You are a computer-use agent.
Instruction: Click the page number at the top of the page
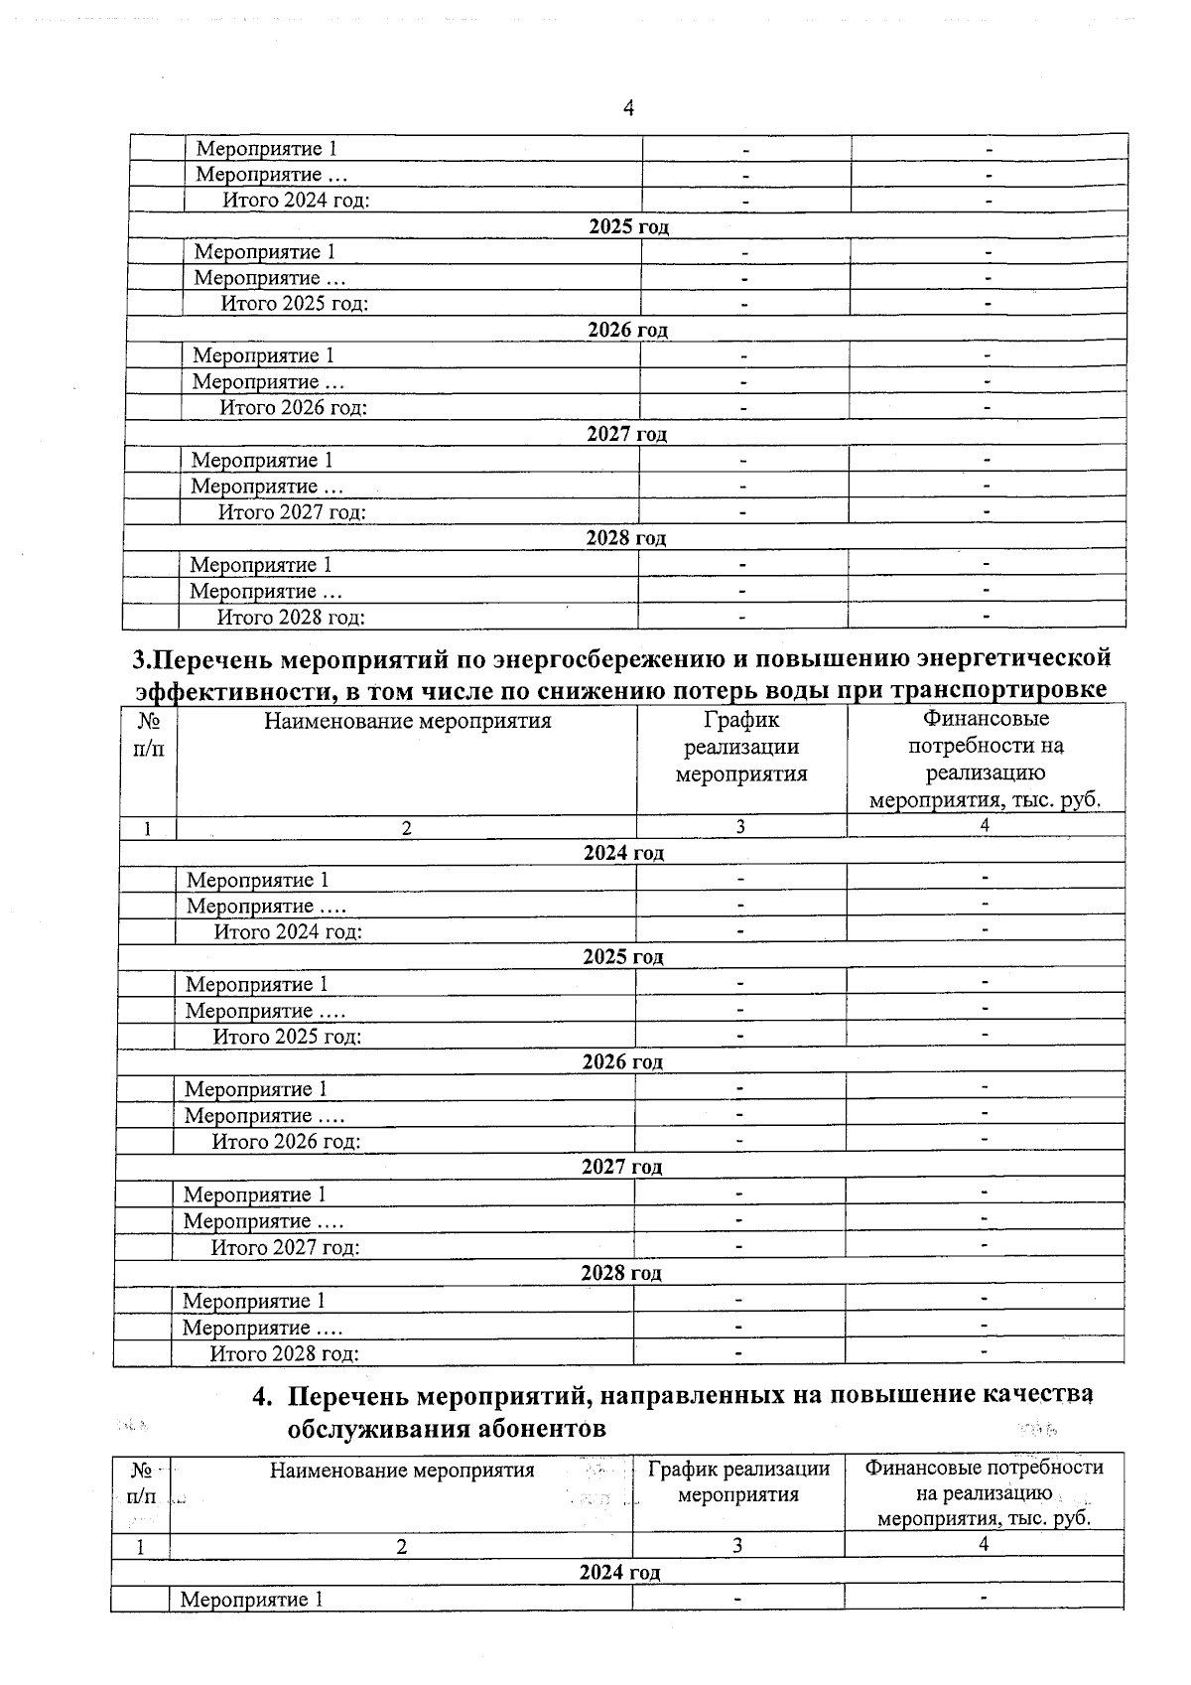coord(627,107)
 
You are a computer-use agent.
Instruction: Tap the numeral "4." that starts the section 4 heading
coord(262,1396)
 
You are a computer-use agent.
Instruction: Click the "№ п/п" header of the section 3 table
coord(147,735)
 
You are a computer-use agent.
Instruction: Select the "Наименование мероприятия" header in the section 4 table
coord(402,1470)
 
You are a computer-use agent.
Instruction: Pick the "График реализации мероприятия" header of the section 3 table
coord(741,747)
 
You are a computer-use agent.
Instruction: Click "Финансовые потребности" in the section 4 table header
coord(984,1468)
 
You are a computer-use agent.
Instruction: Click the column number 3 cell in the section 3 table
coord(740,826)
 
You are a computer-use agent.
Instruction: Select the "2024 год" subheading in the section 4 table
coord(619,1573)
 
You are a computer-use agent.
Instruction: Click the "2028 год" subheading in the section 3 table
coord(621,1273)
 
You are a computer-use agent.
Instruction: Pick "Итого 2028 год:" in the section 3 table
coord(284,1353)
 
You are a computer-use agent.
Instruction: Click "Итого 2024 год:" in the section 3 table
coord(288,931)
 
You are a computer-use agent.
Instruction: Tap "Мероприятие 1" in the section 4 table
coord(251,1600)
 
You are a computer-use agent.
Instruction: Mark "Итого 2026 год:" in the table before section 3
coord(293,407)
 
